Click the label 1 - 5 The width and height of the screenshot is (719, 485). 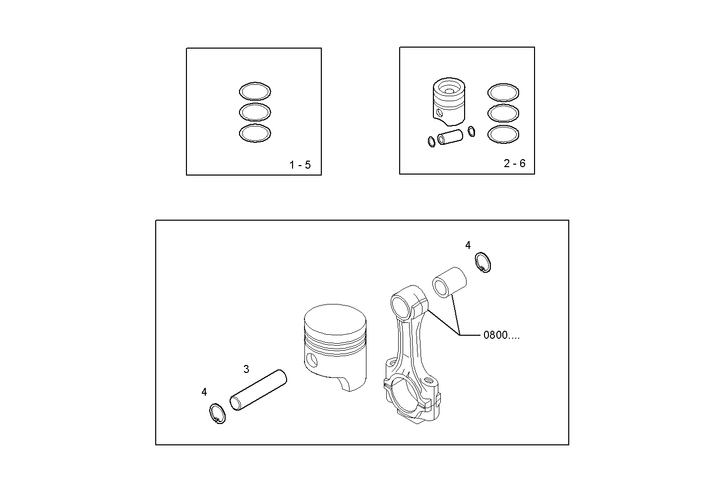300,165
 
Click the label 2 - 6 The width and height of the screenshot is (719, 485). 514,163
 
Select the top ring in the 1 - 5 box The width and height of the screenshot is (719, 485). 255,91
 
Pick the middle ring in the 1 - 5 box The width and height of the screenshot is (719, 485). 255,112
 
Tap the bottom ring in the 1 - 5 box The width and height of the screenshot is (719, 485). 255,133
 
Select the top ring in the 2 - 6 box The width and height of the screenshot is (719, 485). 503,92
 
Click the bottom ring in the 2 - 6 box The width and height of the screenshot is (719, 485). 503,133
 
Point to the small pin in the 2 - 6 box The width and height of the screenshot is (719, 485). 450,136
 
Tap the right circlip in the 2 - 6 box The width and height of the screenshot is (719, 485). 472,131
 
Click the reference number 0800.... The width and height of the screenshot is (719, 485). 501,335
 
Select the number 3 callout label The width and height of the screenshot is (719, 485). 246,369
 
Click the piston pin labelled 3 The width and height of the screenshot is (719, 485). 258,390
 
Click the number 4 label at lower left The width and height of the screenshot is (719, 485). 204,392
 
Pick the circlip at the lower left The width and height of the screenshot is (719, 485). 216,414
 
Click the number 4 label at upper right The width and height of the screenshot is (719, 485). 468,245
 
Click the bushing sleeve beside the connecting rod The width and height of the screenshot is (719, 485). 449,282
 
